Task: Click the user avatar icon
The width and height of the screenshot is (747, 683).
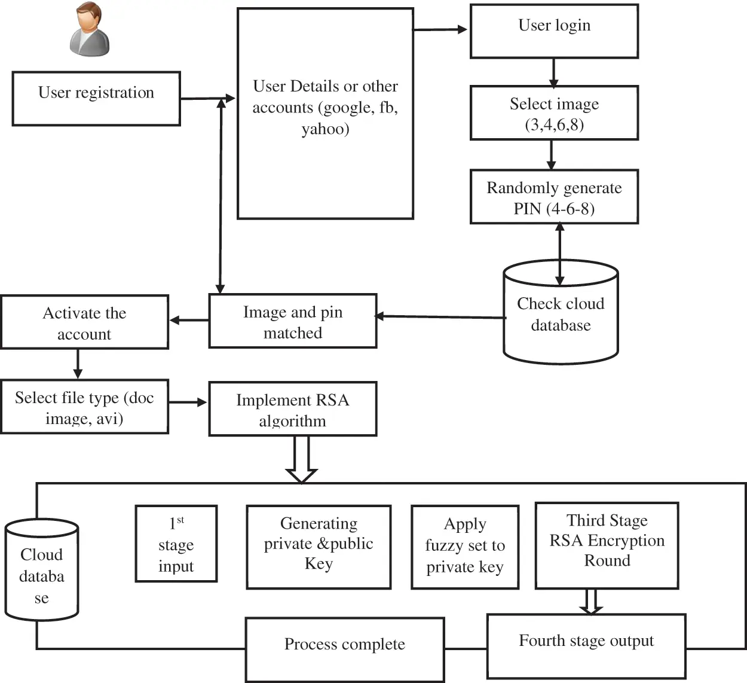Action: coord(90,30)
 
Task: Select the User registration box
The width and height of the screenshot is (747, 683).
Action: coord(96,99)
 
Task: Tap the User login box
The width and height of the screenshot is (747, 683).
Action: coord(554,31)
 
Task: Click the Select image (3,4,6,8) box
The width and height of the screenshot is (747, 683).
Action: coord(554,113)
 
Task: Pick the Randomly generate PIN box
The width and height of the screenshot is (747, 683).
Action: coord(554,197)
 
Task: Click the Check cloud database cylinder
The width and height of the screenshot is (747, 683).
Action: coord(561,314)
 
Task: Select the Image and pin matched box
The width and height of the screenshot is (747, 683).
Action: coord(292,321)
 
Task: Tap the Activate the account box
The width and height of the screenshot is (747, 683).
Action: coord(84,322)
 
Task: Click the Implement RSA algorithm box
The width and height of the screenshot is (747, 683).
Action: coord(292,409)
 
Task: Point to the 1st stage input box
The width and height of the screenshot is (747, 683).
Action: coord(176,544)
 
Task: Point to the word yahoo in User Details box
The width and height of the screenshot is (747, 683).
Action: coord(325,129)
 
